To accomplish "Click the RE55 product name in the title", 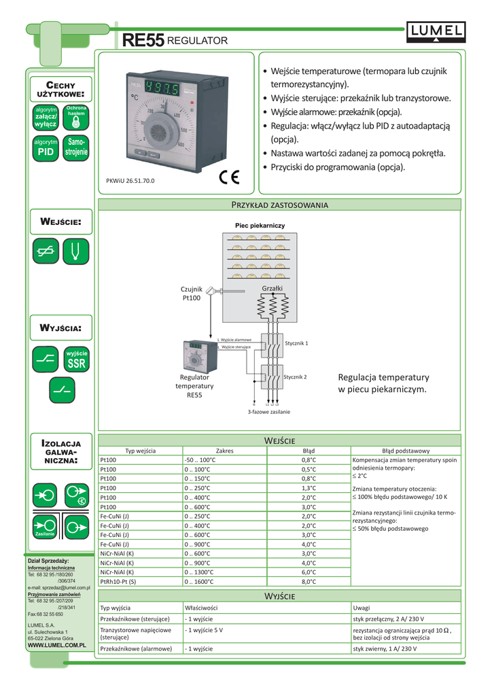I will (143, 41).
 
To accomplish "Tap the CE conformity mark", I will (230, 178).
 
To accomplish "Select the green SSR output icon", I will (76, 360).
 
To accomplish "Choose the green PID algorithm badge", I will (46, 149).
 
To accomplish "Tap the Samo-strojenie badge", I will (76, 149).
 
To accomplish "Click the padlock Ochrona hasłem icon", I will (76, 117).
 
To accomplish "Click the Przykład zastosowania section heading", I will (280, 205).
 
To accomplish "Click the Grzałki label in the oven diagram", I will (272, 289).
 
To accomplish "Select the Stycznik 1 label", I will (296, 343).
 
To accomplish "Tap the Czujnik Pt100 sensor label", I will (192, 294).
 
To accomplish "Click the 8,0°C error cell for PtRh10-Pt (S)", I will (309, 581).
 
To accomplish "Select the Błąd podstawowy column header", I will (405, 451).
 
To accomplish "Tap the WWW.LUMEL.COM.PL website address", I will (56, 644).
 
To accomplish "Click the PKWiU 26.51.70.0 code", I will (130, 181).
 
